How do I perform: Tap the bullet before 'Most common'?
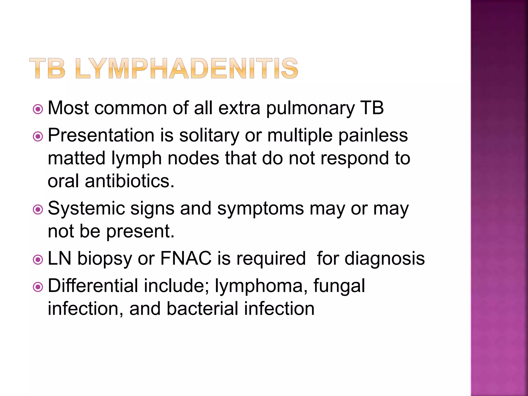tap(38, 109)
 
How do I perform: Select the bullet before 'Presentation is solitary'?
tap(38, 137)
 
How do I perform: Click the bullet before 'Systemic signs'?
tap(38, 210)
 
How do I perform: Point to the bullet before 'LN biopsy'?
tap(38, 260)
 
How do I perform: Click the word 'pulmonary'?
tap(310, 108)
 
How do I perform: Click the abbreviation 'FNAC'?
tap(186, 258)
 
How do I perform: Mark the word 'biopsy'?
tap(105, 259)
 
